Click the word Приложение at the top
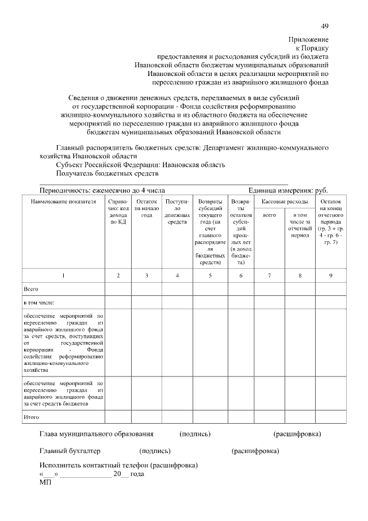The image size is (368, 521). [x=308, y=40]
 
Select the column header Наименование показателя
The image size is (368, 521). [x=63, y=203]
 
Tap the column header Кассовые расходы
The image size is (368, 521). [x=284, y=203]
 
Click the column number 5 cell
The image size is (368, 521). [x=210, y=276]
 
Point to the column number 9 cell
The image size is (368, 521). [x=331, y=276]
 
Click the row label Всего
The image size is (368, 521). [x=30, y=288]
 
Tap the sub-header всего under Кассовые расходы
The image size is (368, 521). [x=269, y=215]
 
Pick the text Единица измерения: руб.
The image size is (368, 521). [x=288, y=191]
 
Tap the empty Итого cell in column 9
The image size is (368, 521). [x=331, y=416]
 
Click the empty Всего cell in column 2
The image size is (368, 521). [x=118, y=288]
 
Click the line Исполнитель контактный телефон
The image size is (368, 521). [x=118, y=465]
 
